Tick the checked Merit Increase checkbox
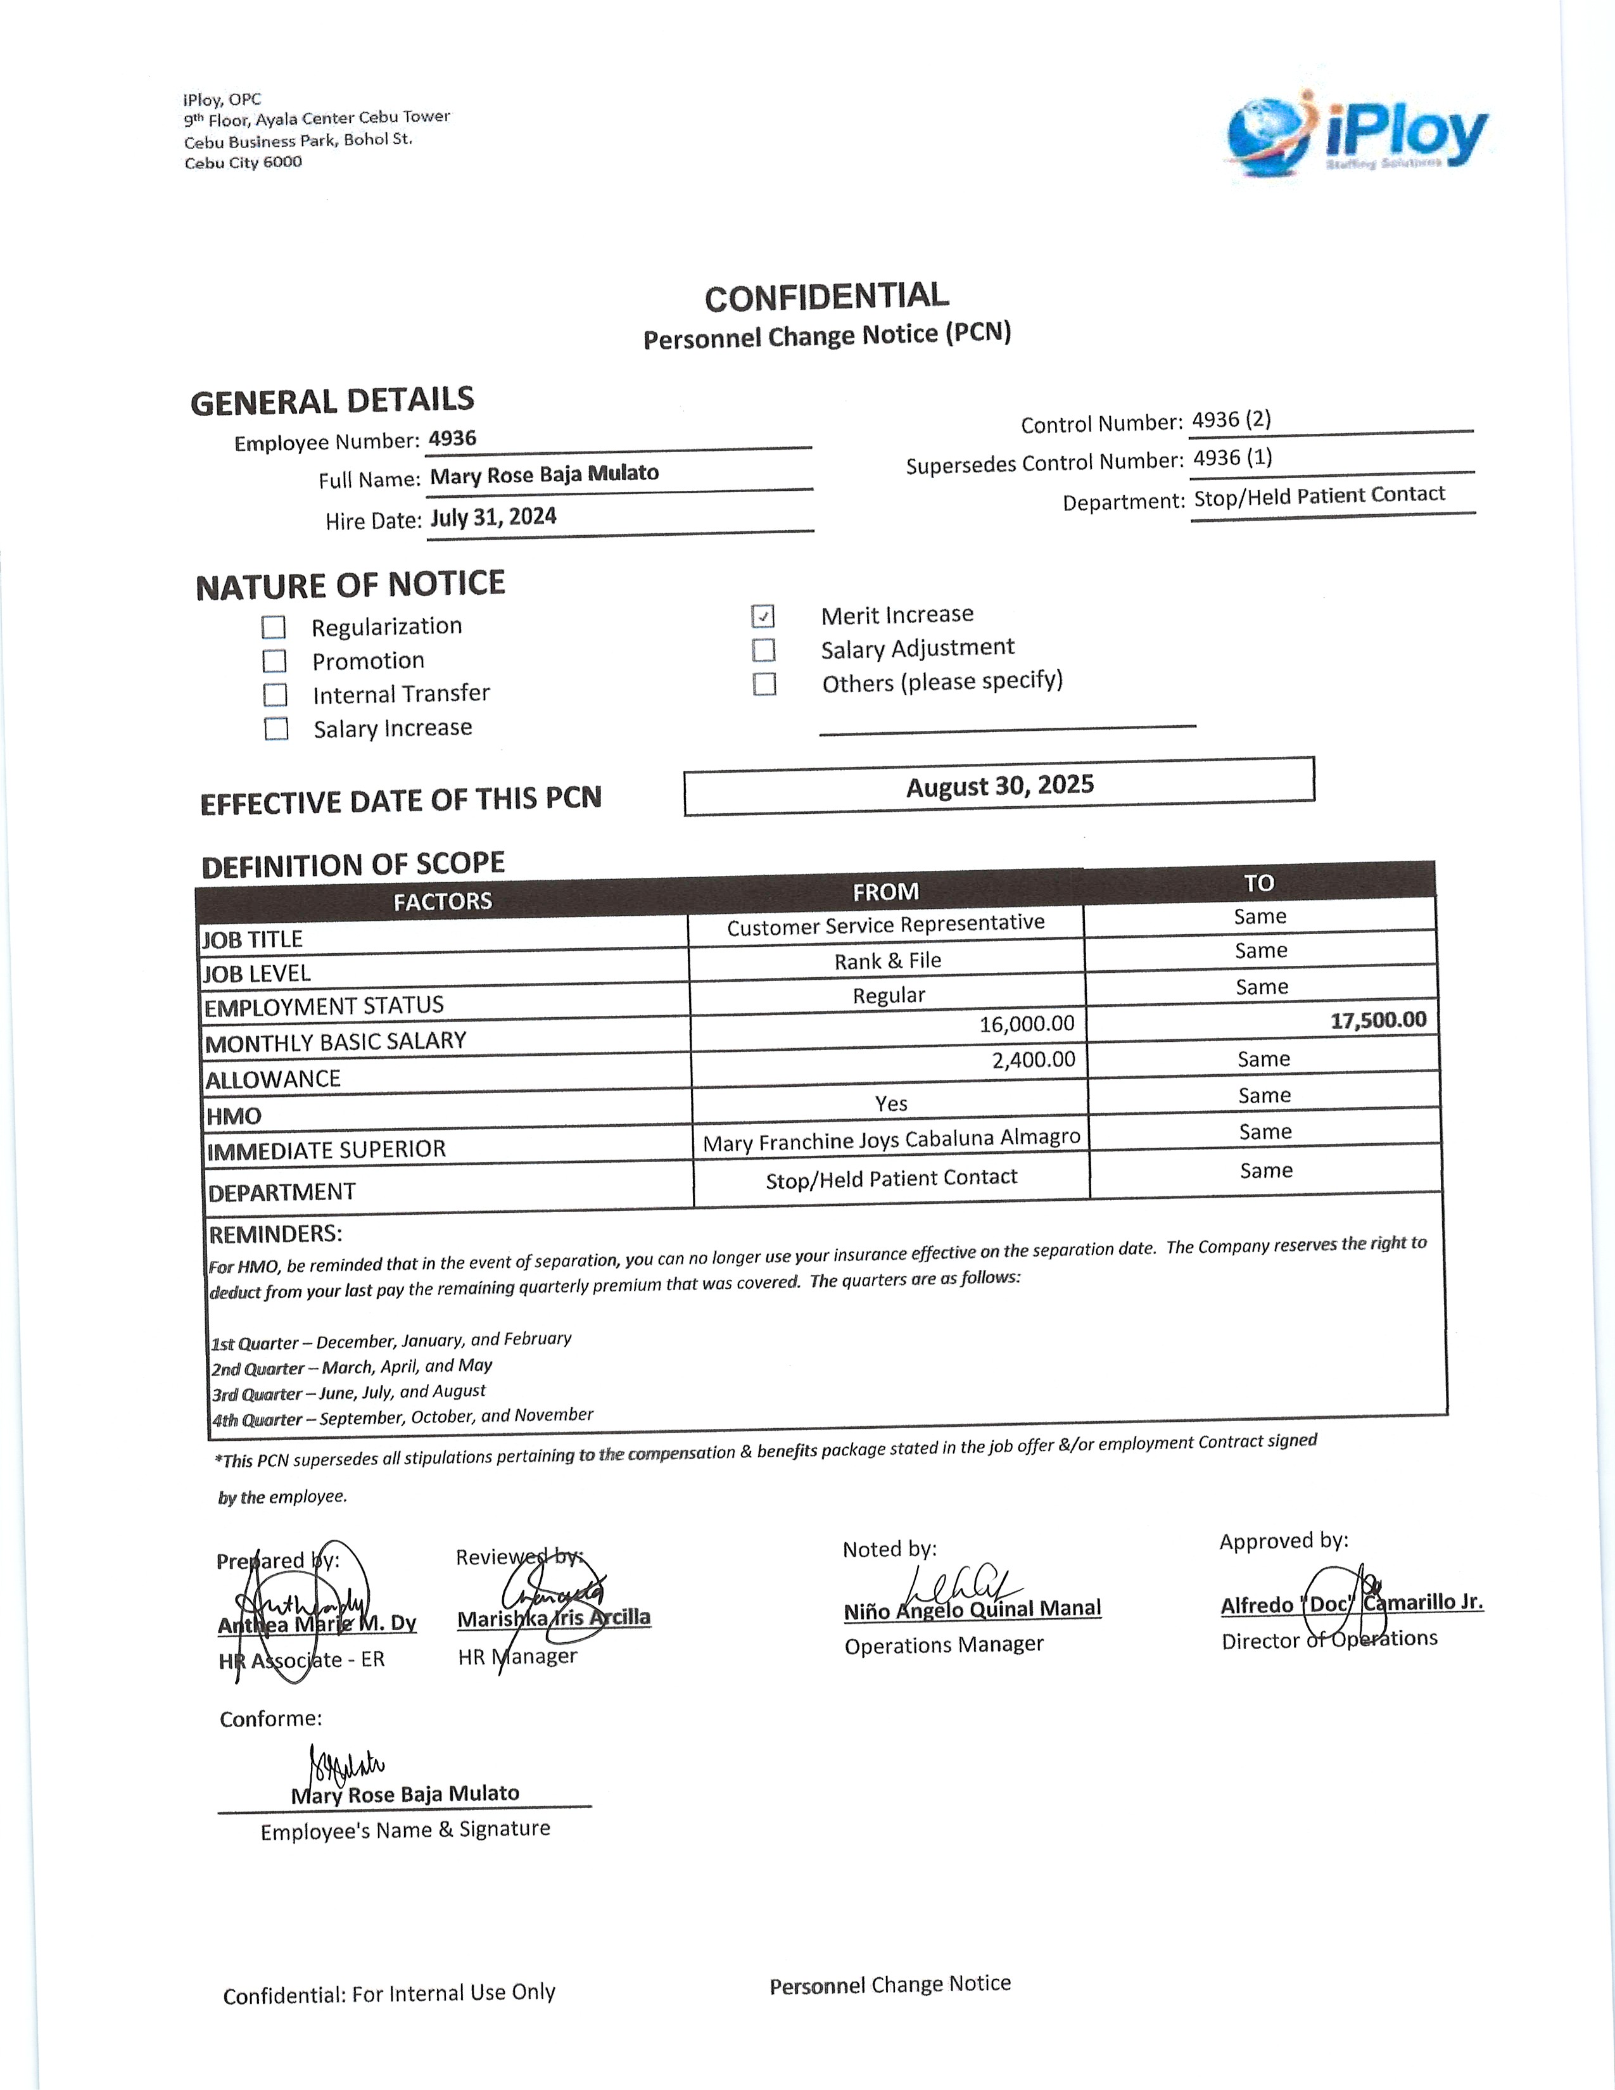763,616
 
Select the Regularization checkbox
274,628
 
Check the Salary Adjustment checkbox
764,650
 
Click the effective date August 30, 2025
1000,787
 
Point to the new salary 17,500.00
1377,1020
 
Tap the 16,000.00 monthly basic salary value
1027,1024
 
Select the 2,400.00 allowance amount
1034,1060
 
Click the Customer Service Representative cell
885,925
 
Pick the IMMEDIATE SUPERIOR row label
326,1149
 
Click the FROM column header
885,892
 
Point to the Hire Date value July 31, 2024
493,517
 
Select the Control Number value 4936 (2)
1231,420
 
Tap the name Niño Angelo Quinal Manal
972,1609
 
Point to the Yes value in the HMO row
890,1103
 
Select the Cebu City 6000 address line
243,163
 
